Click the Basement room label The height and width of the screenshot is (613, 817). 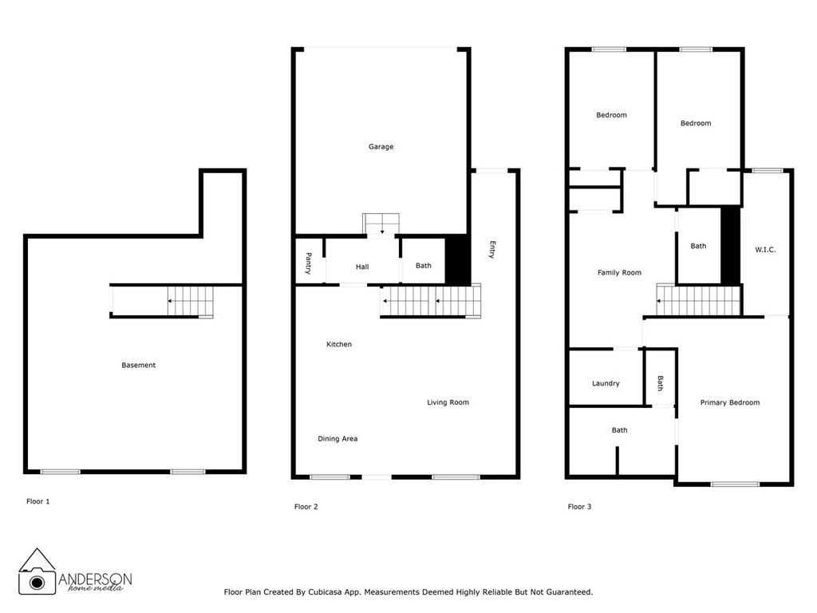[138, 366]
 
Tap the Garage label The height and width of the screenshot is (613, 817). [381, 147]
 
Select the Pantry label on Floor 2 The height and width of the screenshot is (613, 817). [308, 263]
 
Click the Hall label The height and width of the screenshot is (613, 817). [362, 267]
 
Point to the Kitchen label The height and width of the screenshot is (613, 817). [339, 345]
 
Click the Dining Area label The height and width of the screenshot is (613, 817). [337, 439]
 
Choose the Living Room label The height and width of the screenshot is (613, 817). [448, 402]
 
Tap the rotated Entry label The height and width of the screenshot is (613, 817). [492, 250]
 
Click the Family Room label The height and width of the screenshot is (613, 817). [619, 273]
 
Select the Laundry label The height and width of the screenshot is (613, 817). [606, 383]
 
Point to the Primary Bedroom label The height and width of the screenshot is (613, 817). [730, 403]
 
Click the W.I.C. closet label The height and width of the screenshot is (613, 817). [765, 250]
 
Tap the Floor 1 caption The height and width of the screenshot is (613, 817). [37, 502]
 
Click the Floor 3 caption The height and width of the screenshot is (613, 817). [579, 507]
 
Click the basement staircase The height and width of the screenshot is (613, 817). [190, 302]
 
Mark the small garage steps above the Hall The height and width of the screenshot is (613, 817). [381, 224]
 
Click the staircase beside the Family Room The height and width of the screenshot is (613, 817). [700, 301]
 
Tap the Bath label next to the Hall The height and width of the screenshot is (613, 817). [423, 266]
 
